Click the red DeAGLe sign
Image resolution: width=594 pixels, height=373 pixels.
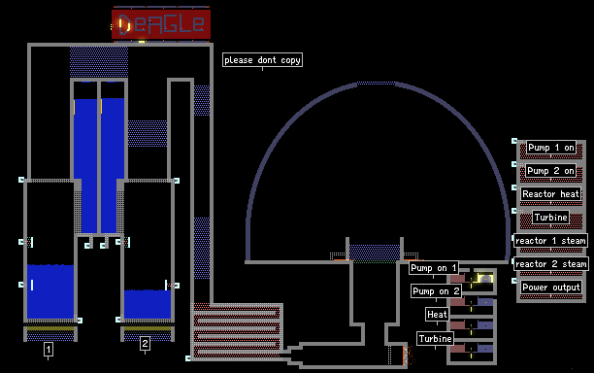(161, 24)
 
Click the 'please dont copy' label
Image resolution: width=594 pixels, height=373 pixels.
(262, 60)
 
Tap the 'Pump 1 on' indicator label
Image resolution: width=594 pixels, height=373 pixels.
(551, 148)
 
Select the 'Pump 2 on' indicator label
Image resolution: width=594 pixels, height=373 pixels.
(550, 171)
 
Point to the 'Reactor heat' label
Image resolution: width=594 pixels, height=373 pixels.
(551, 194)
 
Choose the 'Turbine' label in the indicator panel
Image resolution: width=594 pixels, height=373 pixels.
(551, 218)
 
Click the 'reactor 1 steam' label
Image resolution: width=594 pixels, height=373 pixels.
(550, 241)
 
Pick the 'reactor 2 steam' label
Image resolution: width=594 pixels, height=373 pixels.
(551, 264)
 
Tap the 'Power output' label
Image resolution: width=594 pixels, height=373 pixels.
(551, 287)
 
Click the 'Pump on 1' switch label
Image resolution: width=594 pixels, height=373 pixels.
(434, 268)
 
